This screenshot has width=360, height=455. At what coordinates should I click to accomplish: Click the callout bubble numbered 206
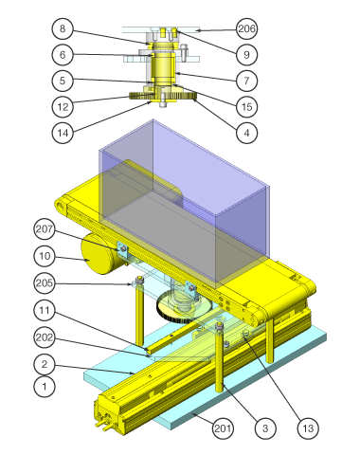point(246,28)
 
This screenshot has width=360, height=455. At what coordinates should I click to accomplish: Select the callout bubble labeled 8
point(63,28)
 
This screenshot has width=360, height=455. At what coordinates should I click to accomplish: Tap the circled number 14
point(63,133)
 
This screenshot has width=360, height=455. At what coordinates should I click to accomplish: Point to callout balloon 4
point(246,133)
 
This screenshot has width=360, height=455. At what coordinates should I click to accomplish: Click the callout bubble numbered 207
point(45,229)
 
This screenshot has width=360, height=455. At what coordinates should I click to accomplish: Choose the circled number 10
point(45,256)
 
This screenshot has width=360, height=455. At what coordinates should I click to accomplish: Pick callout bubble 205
point(45,282)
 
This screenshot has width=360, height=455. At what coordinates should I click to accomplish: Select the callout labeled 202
point(45,337)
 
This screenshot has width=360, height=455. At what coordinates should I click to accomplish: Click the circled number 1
point(45,386)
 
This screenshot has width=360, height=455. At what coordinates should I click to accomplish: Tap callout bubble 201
point(223,428)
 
